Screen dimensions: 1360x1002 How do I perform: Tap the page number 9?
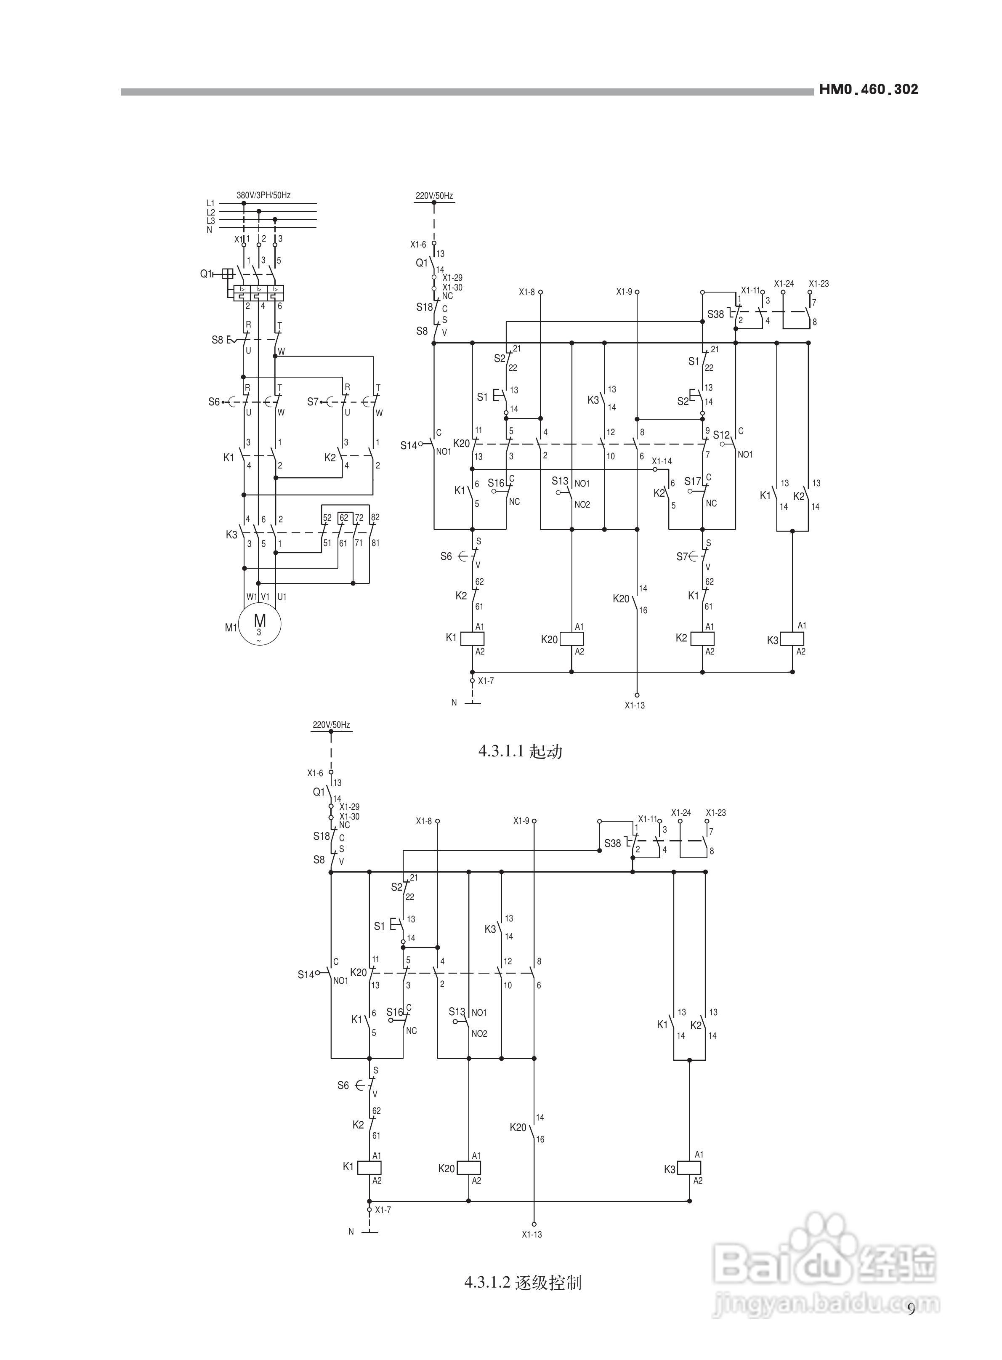click(x=911, y=1309)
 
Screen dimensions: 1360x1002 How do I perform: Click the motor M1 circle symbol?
click(x=260, y=623)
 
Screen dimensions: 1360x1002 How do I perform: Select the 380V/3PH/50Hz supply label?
click(x=263, y=195)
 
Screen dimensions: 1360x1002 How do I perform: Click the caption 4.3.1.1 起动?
click(x=521, y=752)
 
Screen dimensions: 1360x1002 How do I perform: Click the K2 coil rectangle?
click(x=703, y=638)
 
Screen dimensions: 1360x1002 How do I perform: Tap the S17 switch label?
click(x=693, y=482)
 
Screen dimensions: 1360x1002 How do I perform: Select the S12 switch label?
click(x=721, y=435)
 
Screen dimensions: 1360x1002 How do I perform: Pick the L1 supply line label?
click(x=210, y=203)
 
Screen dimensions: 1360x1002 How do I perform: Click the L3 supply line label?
click(x=210, y=221)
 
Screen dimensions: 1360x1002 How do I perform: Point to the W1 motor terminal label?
click(x=252, y=597)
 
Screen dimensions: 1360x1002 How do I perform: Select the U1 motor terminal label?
click(x=282, y=597)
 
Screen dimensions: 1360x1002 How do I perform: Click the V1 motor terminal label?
click(x=266, y=597)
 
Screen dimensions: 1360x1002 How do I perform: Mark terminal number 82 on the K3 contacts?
click(x=375, y=517)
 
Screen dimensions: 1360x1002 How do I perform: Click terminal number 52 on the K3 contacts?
click(x=327, y=517)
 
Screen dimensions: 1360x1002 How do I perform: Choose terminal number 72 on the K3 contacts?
click(x=359, y=517)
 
